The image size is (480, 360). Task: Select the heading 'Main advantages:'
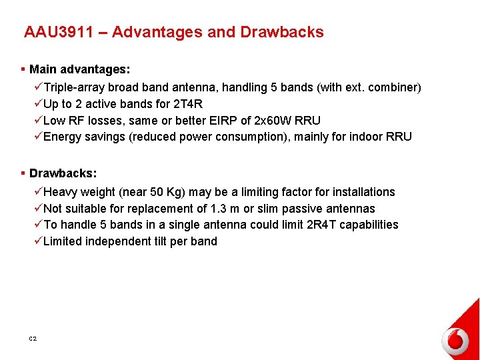(79, 69)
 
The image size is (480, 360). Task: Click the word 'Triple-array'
(74, 87)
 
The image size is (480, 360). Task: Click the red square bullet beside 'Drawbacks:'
(23, 173)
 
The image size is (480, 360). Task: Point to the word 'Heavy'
(61, 192)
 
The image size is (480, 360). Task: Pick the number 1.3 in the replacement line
(215, 209)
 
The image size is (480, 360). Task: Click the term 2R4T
(323, 225)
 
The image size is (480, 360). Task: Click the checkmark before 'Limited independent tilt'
(37, 241)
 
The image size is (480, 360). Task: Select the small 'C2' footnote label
(33, 339)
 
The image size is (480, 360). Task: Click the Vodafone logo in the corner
(456, 341)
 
